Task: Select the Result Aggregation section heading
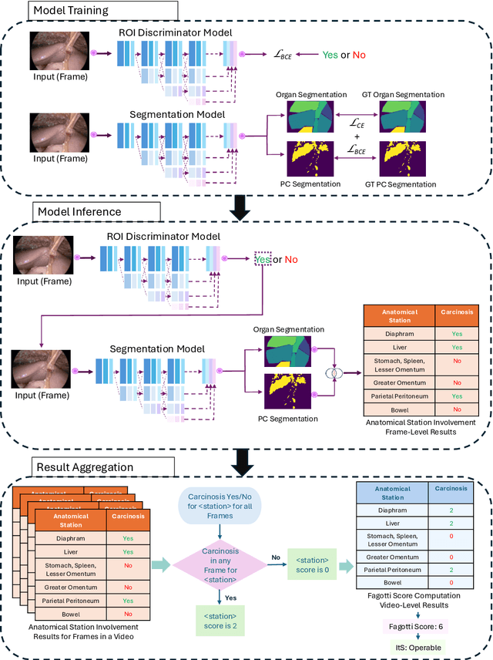pos(86,467)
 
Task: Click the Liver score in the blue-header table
pos(451,523)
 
